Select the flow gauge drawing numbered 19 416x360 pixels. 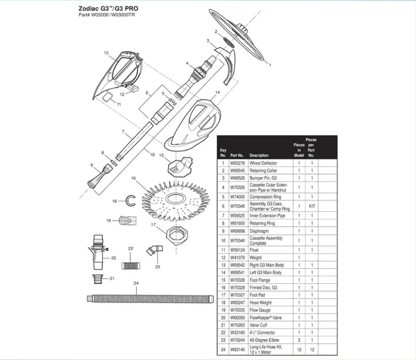tap(128, 220)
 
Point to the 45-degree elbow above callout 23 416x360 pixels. tap(155, 250)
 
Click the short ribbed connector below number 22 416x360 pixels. tap(131, 266)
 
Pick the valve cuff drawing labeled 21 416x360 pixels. tap(99, 279)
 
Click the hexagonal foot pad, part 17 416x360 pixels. tap(177, 235)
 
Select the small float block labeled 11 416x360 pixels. tap(108, 97)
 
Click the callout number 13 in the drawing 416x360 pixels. tap(106, 53)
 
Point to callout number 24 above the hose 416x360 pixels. tap(136, 283)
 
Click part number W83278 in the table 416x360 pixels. tap(237, 163)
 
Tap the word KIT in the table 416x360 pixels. tap(312, 206)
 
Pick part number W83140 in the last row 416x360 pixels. tap(237, 349)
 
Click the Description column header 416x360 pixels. tap(259, 156)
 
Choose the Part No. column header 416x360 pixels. tap(237, 156)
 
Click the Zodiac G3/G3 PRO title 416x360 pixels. tap(108, 8)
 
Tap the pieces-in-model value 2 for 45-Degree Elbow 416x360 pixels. tap(299, 340)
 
